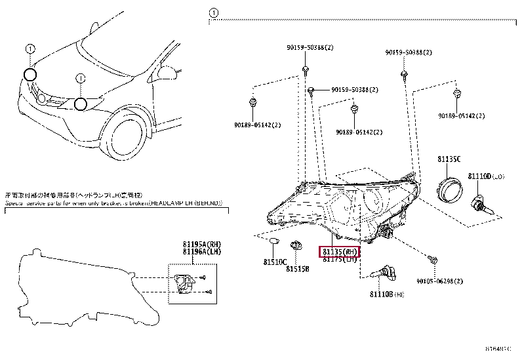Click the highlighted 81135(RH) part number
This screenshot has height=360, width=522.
point(339,252)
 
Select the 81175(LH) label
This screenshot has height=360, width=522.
point(339,260)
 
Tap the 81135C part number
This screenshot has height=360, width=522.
point(449,159)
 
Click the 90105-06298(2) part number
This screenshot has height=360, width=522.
point(439,281)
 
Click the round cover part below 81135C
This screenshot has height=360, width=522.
point(449,190)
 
